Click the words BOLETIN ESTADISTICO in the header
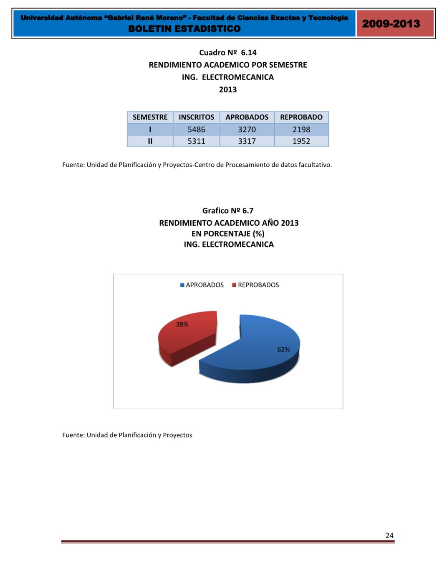click(x=184, y=29)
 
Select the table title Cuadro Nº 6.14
click(x=228, y=53)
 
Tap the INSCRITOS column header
click(x=196, y=117)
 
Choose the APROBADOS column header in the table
click(x=247, y=117)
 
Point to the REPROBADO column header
click(x=301, y=117)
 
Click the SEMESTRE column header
click(x=150, y=117)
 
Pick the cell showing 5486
click(x=196, y=130)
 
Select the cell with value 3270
click(x=247, y=130)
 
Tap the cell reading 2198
click(x=301, y=130)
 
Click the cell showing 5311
click(x=196, y=141)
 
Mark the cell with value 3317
click(x=247, y=141)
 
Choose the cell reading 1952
click(x=301, y=141)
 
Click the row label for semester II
click(x=150, y=141)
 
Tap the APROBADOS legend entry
click(x=202, y=285)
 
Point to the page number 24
click(x=389, y=536)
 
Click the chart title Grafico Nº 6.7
click(x=228, y=211)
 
